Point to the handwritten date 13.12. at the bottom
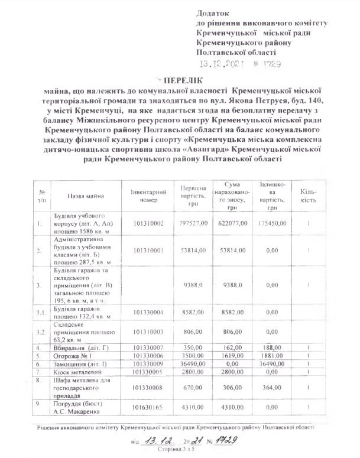pyautogui.click(x=160, y=441)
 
